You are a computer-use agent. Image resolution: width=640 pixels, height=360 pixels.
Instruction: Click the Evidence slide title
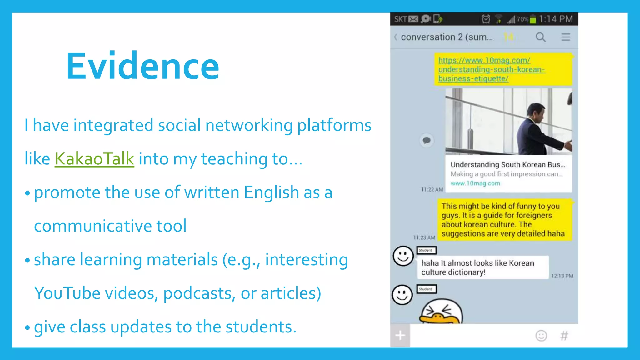click(142, 66)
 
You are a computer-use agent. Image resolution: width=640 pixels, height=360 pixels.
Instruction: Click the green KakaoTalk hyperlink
click(94, 159)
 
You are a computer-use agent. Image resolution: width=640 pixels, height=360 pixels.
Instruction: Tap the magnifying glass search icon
click(541, 37)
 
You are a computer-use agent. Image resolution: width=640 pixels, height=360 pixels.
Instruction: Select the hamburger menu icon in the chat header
click(566, 37)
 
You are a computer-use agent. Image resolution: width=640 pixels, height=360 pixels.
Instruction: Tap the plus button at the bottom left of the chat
click(400, 336)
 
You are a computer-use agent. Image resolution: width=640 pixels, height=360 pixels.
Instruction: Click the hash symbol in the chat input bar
click(564, 336)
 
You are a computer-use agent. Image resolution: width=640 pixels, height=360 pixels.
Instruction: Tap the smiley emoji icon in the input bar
click(541, 336)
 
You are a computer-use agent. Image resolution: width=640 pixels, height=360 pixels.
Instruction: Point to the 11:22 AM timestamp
click(432, 190)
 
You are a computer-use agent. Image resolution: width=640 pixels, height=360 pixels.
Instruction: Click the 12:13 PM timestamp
click(562, 276)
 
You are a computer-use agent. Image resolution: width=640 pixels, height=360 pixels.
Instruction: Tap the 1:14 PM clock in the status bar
click(556, 19)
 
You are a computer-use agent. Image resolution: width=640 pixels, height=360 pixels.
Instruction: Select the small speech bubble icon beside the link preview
click(427, 140)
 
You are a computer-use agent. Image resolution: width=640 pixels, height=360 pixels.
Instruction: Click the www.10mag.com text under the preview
click(475, 183)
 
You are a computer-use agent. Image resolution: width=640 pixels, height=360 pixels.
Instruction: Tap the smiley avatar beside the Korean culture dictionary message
click(403, 256)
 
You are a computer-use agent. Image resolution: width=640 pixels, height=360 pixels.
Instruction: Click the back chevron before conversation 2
click(396, 37)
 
